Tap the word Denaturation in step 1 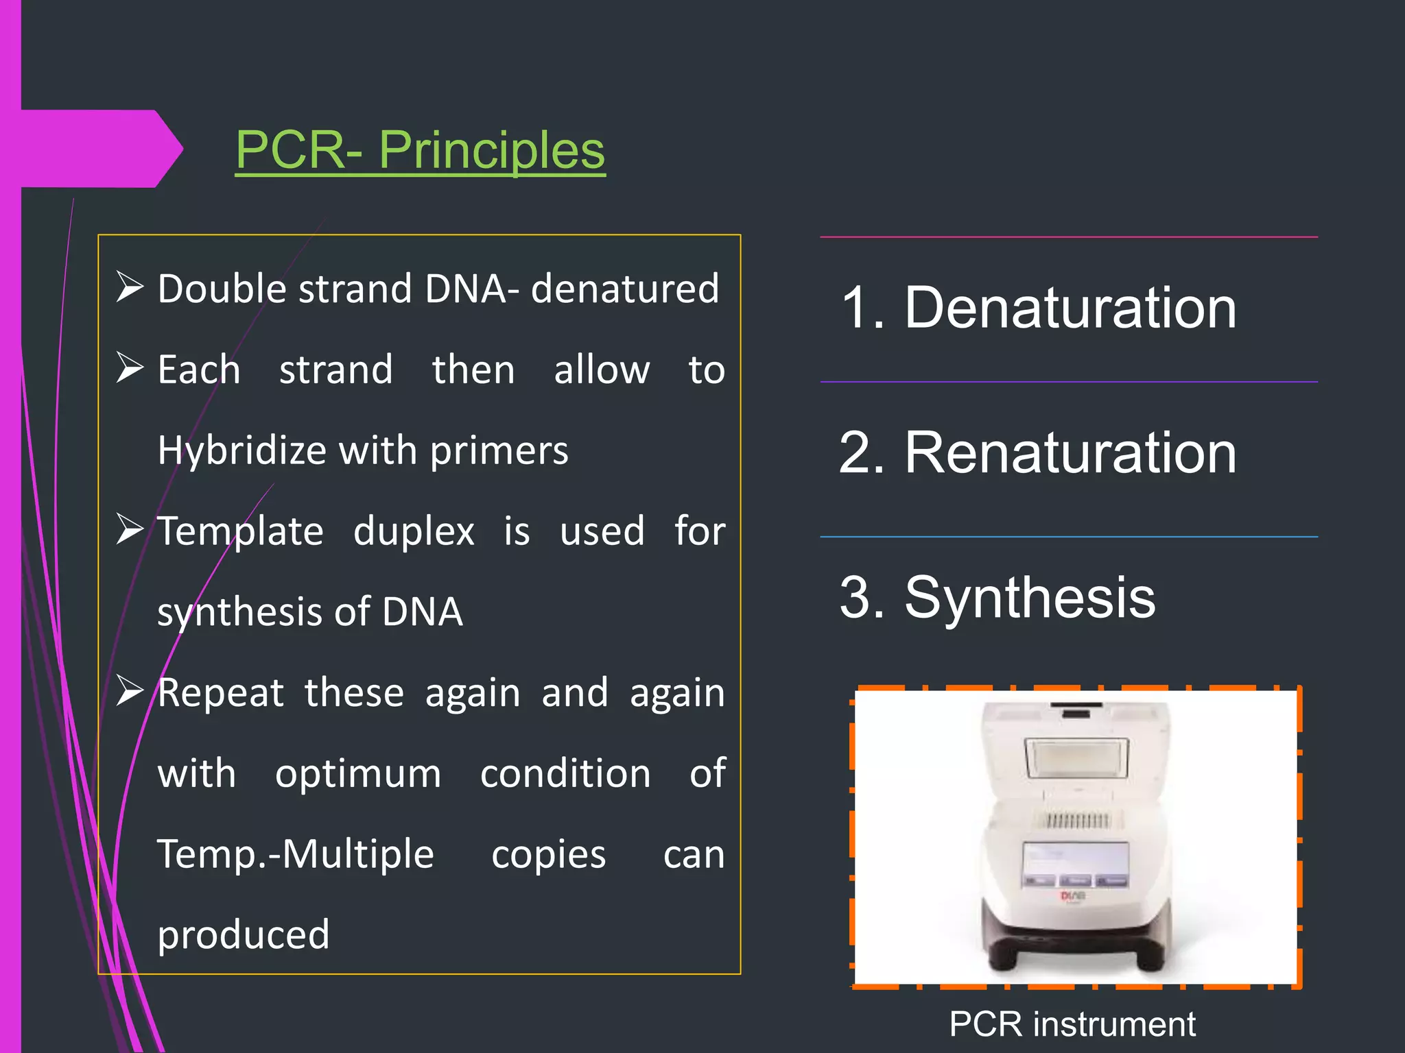1070,308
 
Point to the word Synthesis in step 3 1030,597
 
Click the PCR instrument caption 1072,1024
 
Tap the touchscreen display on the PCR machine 1076,865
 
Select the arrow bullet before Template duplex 129,529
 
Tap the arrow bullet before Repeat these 129,690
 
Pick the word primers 499,451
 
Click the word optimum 357,774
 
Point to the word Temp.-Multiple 296,854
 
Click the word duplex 414,531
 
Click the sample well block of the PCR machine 1076,819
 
